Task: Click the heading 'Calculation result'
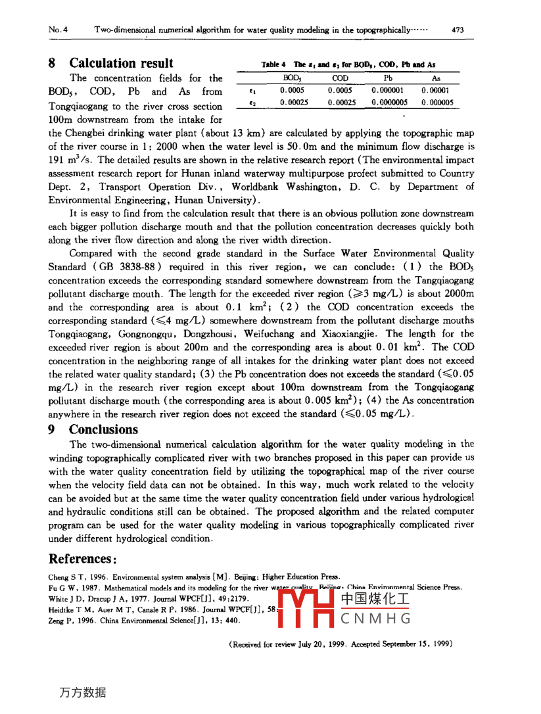(122, 64)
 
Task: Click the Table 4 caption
(348, 64)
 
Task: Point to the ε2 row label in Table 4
(253, 102)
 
